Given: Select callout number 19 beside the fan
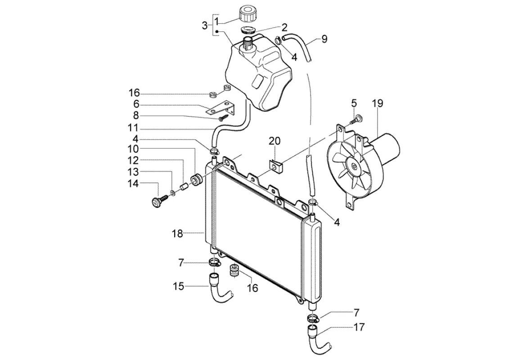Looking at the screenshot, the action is pyautogui.click(x=378, y=103).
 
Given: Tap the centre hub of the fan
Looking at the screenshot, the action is pyautogui.click(x=354, y=166).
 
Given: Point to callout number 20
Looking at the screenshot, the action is pyautogui.click(x=274, y=141).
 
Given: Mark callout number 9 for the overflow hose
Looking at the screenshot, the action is pyautogui.click(x=324, y=39).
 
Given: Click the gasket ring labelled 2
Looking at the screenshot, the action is pyautogui.click(x=249, y=30).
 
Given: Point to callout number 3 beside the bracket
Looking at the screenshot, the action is pyautogui.click(x=205, y=26).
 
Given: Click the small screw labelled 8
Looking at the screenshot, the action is pyautogui.click(x=223, y=117).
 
